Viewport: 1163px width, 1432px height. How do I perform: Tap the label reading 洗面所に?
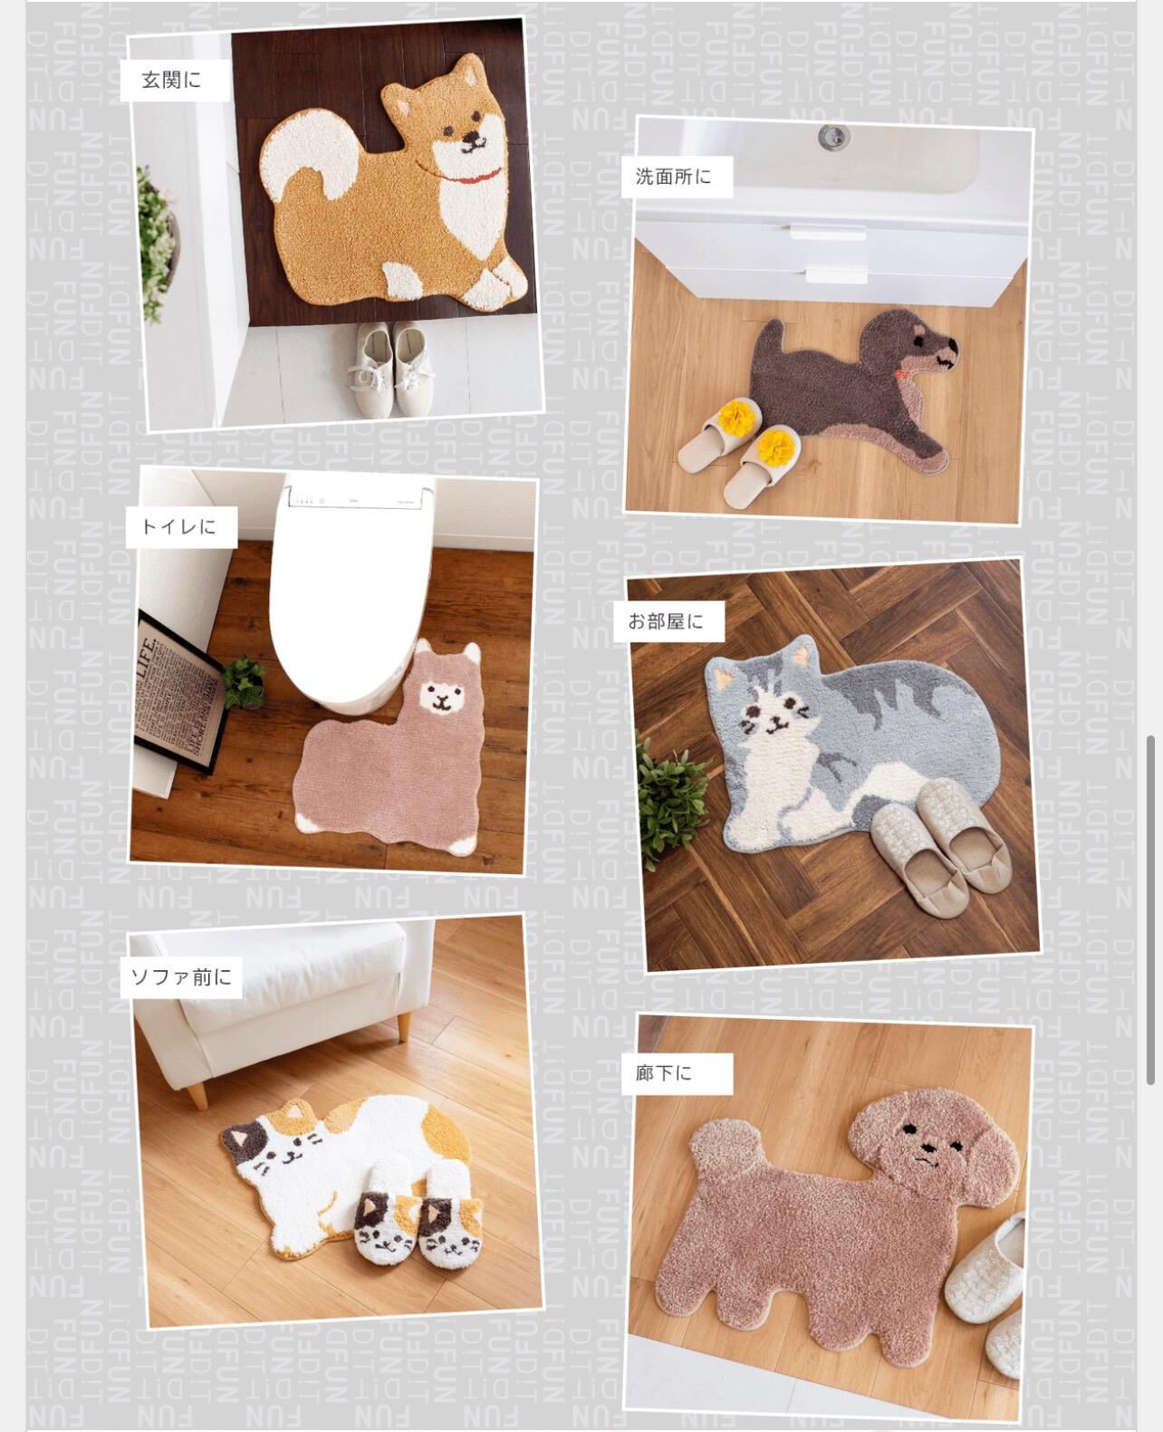673,177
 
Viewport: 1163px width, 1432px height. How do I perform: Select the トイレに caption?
178,525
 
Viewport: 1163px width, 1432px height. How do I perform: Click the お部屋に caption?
665,622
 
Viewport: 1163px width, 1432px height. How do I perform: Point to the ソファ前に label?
181,977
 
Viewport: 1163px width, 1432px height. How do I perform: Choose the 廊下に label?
663,1073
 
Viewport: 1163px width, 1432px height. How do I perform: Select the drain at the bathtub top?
832,137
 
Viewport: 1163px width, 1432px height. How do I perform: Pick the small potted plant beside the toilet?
243,681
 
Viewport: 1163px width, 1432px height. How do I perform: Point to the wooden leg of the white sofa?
195,1093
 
